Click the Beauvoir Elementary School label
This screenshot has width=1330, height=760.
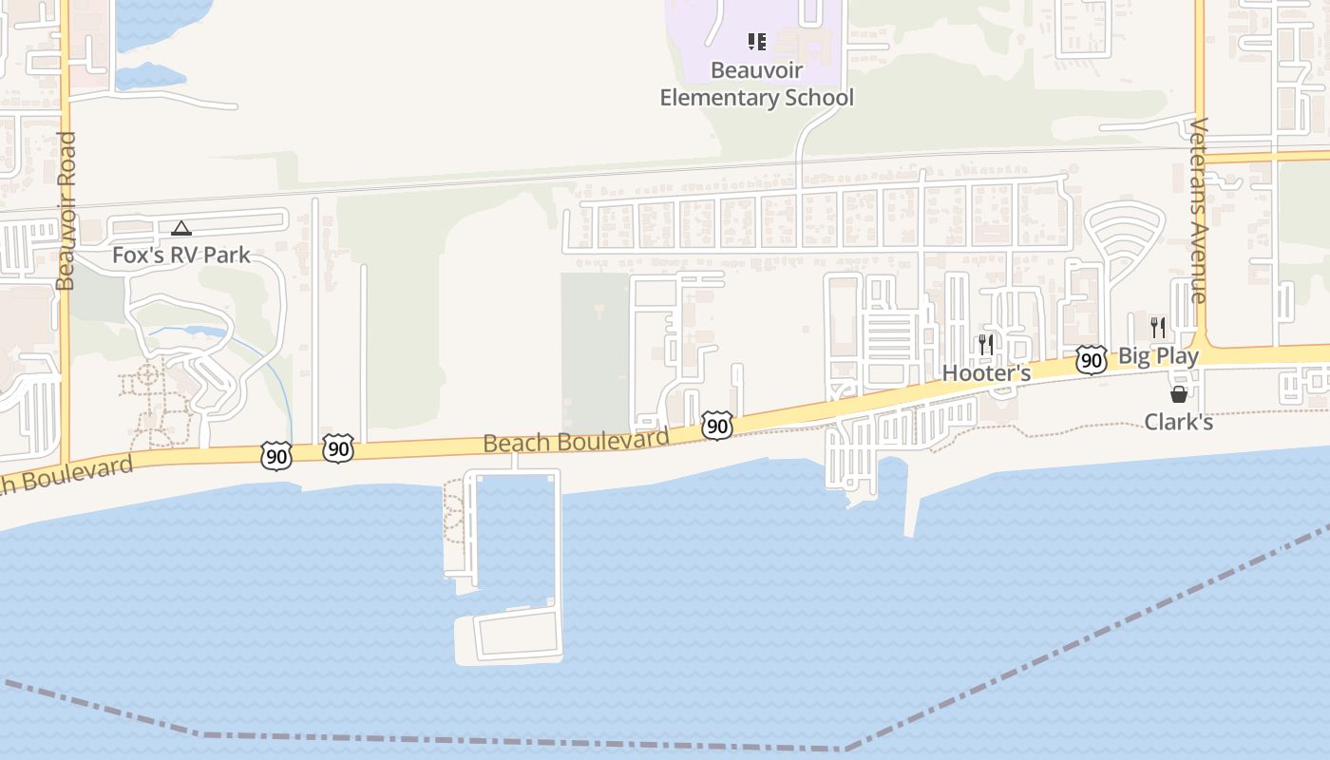pyautogui.click(x=757, y=84)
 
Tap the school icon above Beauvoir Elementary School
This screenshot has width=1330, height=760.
pyautogui.click(x=757, y=42)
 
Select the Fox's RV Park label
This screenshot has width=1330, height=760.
pyautogui.click(x=181, y=255)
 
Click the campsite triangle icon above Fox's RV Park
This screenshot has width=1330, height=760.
pyautogui.click(x=181, y=228)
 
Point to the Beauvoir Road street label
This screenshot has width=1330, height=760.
pyautogui.click(x=66, y=211)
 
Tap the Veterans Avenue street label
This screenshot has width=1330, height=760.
pyautogui.click(x=1198, y=210)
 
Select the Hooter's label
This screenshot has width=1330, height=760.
pyautogui.click(x=986, y=373)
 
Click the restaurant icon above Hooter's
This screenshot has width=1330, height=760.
pyautogui.click(x=986, y=345)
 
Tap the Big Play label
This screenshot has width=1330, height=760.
pyautogui.click(x=1158, y=356)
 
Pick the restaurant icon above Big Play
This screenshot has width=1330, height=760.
pyautogui.click(x=1158, y=328)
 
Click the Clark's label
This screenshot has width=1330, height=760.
pyautogui.click(x=1178, y=422)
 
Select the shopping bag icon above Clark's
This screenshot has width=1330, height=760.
pyautogui.click(x=1179, y=394)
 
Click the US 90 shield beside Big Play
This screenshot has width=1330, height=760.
pyautogui.click(x=1092, y=360)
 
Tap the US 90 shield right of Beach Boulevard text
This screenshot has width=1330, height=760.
pyautogui.click(x=717, y=426)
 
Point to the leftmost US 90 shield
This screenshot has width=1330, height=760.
pyautogui.click(x=275, y=457)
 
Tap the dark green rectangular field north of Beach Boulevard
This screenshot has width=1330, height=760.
pyautogui.click(x=596, y=351)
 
